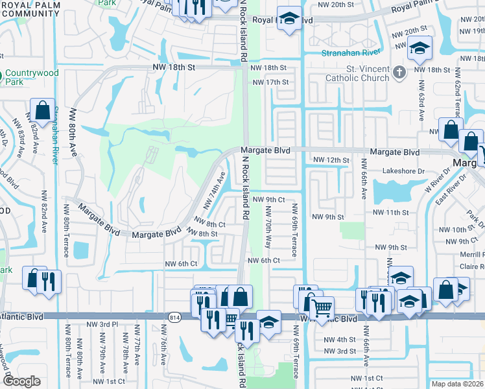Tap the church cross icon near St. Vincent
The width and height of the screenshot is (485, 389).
(x=400, y=71)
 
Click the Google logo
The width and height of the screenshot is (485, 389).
(x=21, y=381)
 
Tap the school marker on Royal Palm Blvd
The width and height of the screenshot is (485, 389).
(x=289, y=18)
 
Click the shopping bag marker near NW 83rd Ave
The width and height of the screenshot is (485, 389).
(x=43, y=111)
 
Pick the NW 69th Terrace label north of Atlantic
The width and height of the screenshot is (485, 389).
(x=294, y=230)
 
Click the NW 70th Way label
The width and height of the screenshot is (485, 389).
(x=268, y=226)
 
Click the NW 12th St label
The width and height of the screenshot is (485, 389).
(x=331, y=160)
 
